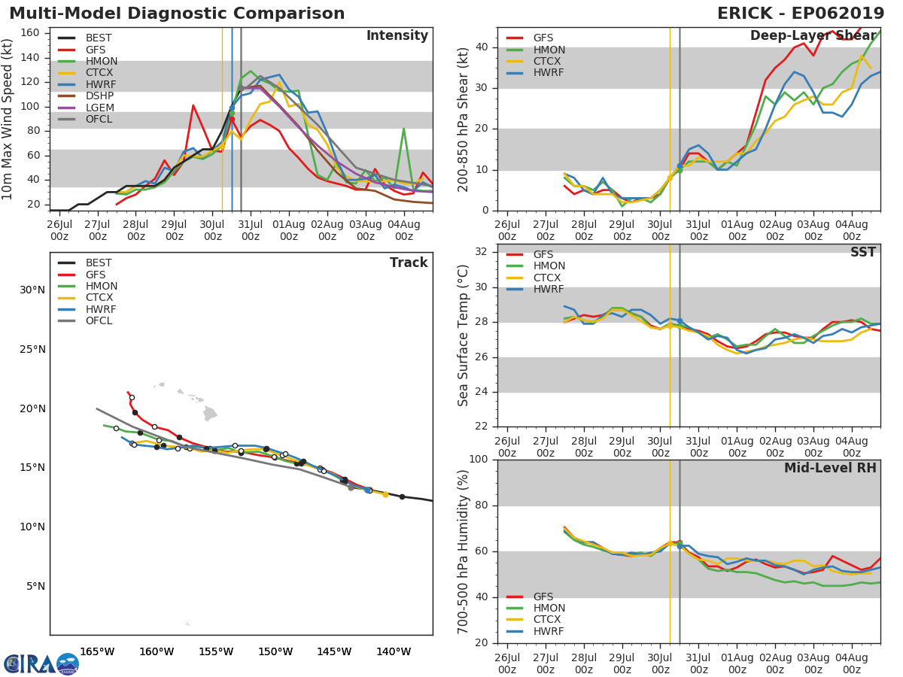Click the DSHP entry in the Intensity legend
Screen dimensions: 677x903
[x=99, y=96]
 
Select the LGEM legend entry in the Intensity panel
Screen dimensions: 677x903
[x=100, y=108]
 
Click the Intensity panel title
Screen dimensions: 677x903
[x=397, y=35]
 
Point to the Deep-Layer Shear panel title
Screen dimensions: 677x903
[x=813, y=36]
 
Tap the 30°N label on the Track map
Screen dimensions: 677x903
[x=32, y=290]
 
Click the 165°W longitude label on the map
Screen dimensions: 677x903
[x=97, y=651]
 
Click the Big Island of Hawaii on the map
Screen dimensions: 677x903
[x=210, y=414]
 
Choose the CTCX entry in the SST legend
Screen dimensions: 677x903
[x=549, y=278]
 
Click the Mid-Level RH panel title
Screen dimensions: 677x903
[x=830, y=468]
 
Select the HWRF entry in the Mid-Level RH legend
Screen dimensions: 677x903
[x=548, y=631]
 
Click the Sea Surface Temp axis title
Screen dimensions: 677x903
[x=464, y=335]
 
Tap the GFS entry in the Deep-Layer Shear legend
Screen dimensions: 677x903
[x=543, y=38]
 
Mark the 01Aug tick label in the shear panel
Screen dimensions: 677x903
[x=737, y=229]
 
